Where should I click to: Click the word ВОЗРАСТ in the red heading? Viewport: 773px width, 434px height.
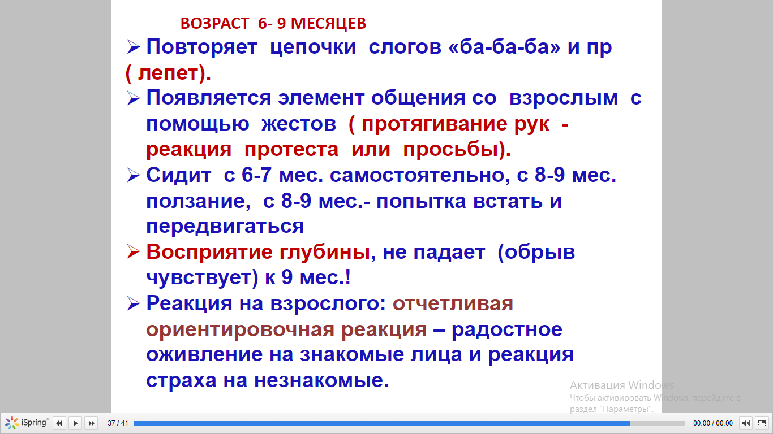pyautogui.click(x=214, y=23)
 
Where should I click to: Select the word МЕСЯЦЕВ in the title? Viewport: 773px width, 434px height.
pyautogui.click(x=328, y=23)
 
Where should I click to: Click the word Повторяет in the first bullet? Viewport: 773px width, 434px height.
pyautogui.click(x=202, y=47)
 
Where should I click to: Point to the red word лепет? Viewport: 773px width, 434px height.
pyautogui.click(x=168, y=73)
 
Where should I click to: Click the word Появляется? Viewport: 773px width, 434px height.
pyautogui.click(x=208, y=98)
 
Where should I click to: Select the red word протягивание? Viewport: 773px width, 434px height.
pyautogui.click(x=435, y=124)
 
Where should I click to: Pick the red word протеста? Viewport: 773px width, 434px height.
pyautogui.click(x=291, y=150)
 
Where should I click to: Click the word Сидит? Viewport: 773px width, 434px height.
pyautogui.click(x=178, y=175)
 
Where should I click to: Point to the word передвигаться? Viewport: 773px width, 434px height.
pyautogui.click(x=225, y=227)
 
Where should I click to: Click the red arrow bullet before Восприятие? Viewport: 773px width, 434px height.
pyautogui.click(x=134, y=251)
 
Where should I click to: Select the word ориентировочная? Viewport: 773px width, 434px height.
pyautogui.click(x=240, y=329)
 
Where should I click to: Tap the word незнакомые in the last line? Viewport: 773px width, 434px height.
pyautogui.click(x=321, y=380)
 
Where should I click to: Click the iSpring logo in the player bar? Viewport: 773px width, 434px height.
pyautogui.click(x=26, y=423)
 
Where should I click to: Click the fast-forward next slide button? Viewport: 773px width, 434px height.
pyautogui.click(x=92, y=423)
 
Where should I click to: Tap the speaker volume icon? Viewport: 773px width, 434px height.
pyautogui.click(x=746, y=423)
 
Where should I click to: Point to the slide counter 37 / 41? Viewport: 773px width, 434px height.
pyautogui.click(x=118, y=423)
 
